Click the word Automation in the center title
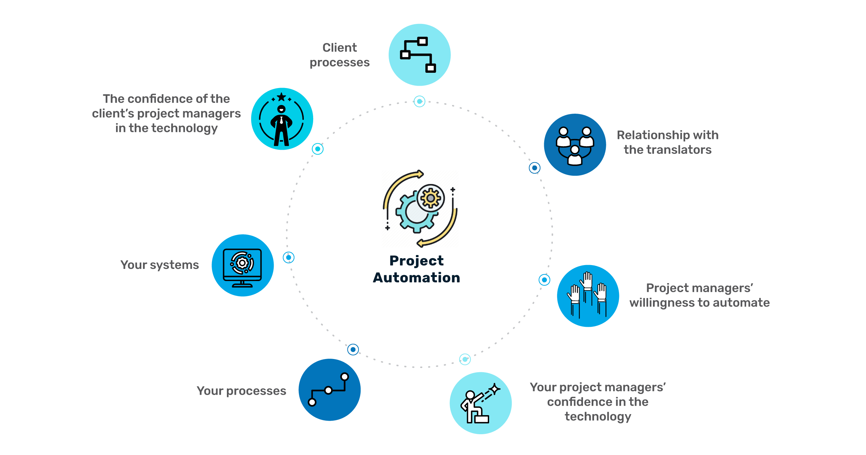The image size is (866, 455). point(416,278)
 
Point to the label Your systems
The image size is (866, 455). point(160,265)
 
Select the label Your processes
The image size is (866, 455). point(241,391)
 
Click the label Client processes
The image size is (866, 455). point(339,55)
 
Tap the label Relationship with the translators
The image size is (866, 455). point(668,142)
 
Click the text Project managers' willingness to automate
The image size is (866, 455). point(699,295)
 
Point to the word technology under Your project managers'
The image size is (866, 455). point(598,417)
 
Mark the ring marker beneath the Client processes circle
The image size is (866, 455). point(419,102)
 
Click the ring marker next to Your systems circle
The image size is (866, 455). point(289,257)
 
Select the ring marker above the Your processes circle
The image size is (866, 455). point(353,349)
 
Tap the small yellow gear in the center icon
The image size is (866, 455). point(431,198)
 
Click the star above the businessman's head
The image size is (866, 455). point(282,97)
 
